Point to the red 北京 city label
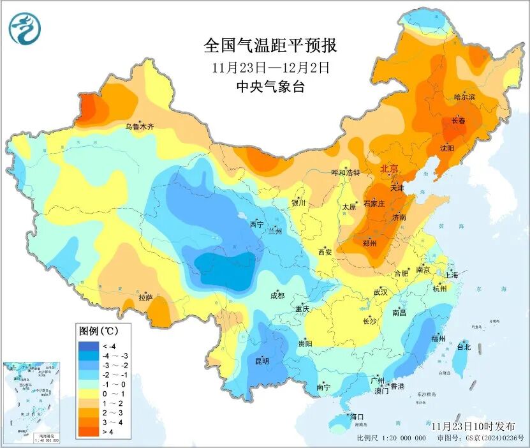tap(390, 168)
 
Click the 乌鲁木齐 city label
tap(139, 127)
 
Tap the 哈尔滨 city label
tap(465, 97)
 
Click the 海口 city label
tap(357, 417)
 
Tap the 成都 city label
tap(277, 295)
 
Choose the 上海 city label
tap(452, 275)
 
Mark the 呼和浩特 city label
tap(345, 173)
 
